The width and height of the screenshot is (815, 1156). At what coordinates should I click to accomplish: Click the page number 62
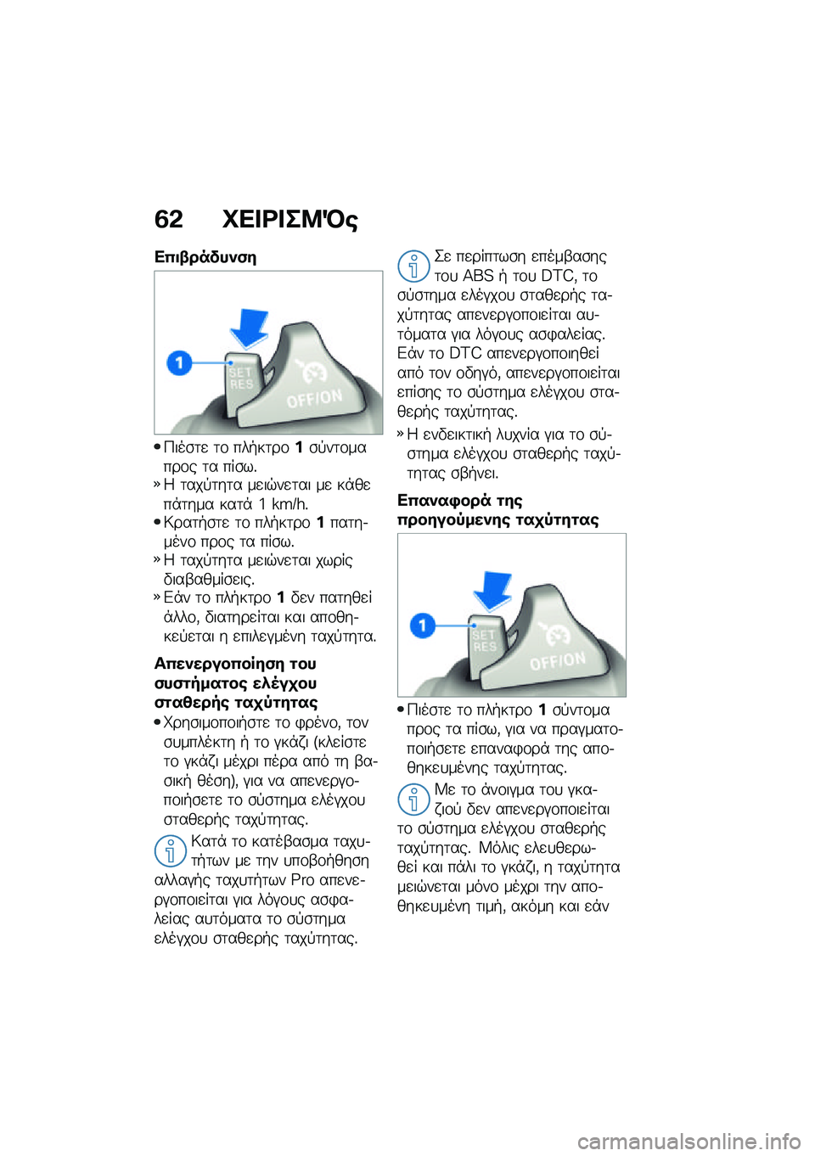169,219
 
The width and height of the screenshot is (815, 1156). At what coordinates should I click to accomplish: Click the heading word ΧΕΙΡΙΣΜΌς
289,220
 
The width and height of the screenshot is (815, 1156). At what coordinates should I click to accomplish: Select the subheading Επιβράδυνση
205,256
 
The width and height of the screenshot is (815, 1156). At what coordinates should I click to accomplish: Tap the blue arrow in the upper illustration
250,328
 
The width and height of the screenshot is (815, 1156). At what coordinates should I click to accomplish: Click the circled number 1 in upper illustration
179,363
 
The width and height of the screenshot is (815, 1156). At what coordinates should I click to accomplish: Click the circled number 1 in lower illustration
422,626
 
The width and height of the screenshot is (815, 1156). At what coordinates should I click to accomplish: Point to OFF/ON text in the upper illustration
314,398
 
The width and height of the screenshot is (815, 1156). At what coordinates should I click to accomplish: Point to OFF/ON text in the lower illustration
558,660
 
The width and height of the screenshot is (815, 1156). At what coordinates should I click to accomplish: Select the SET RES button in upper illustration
241,379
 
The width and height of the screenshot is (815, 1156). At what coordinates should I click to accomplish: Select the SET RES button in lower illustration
484,641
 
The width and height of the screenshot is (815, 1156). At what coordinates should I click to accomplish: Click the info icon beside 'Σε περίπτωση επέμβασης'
413,267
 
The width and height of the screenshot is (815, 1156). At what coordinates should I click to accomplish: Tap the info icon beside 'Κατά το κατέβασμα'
170,851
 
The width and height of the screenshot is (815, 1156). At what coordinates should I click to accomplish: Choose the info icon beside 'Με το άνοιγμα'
413,800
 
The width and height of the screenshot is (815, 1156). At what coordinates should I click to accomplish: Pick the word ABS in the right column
478,276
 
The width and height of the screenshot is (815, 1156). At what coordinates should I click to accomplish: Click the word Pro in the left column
302,879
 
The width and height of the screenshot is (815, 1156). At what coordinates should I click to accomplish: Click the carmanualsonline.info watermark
689,1142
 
